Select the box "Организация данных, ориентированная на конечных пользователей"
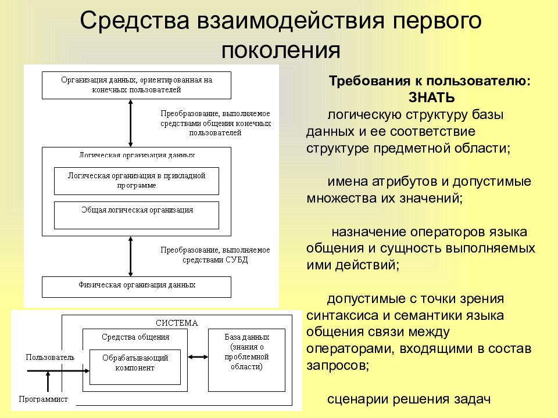(x=137, y=85)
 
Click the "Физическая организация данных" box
(x=137, y=286)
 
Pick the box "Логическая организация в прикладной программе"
(x=137, y=181)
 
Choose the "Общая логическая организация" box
(x=137, y=215)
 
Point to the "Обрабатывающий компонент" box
(x=135, y=363)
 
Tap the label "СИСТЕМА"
(x=176, y=323)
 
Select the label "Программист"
(x=44, y=399)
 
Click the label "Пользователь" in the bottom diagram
(x=50, y=357)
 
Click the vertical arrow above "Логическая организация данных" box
(x=131, y=122)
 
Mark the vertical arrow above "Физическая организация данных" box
(x=131, y=256)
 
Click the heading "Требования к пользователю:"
(x=430, y=82)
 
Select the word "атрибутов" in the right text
(x=391, y=181)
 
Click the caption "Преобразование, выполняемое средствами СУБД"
(x=215, y=255)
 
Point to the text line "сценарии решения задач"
(x=409, y=400)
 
